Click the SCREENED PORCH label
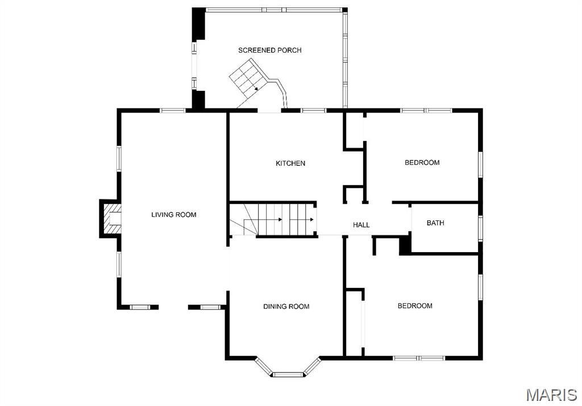269,50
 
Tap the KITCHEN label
290,164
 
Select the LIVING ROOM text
173,215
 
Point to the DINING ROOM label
286,307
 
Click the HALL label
361,225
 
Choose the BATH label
435,223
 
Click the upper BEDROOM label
422,163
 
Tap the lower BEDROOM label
414,306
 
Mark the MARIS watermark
551,395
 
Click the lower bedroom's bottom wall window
419,358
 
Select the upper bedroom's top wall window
426,110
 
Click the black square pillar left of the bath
405,245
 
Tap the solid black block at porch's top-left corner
199,23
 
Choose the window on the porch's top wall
275,10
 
